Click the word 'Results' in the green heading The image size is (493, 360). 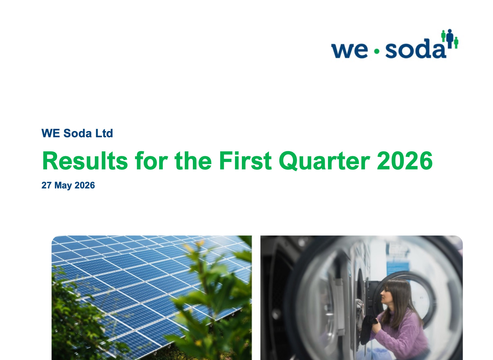pyautogui.click(x=85, y=161)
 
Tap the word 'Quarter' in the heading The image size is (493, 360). pyautogui.click(x=325, y=161)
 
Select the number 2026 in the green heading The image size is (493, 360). pyautogui.click(x=405, y=161)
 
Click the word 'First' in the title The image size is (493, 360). pyautogui.click(x=245, y=161)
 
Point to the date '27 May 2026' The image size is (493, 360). pyautogui.click(x=68, y=185)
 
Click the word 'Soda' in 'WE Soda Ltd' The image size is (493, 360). pyautogui.click(x=77, y=133)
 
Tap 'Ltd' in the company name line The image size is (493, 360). pyautogui.click(x=104, y=133)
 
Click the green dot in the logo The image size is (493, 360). pyautogui.click(x=377, y=51)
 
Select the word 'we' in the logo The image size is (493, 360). pyautogui.click(x=349, y=51)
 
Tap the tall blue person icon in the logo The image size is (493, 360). pyautogui.click(x=450, y=39)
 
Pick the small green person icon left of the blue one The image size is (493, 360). pyautogui.click(x=443, y=36)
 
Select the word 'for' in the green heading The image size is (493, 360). pyautogui.click(x=151, y=161)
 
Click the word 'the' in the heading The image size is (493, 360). pyautogui.click(x=193, y=161)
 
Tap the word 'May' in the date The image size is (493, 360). pyautogui.click(x=63, y=186)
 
